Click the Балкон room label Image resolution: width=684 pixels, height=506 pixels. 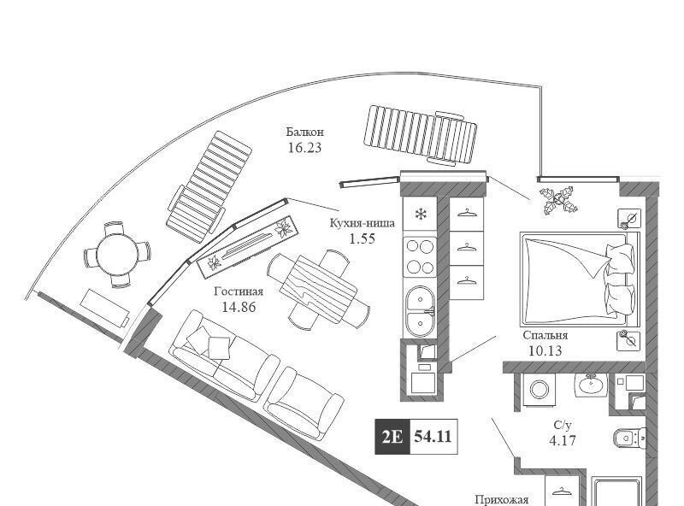[305, 132]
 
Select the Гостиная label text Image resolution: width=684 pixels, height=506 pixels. [239, 291]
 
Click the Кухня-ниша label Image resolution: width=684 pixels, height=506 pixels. [363, 224]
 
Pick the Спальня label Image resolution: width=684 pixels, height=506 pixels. [545, 335]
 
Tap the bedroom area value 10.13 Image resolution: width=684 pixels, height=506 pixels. [545, 350]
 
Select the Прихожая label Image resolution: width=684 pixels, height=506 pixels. [502, 500]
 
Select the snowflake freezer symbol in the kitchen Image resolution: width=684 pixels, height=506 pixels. [420, 214]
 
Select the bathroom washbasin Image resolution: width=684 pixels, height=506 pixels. [589, 385]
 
